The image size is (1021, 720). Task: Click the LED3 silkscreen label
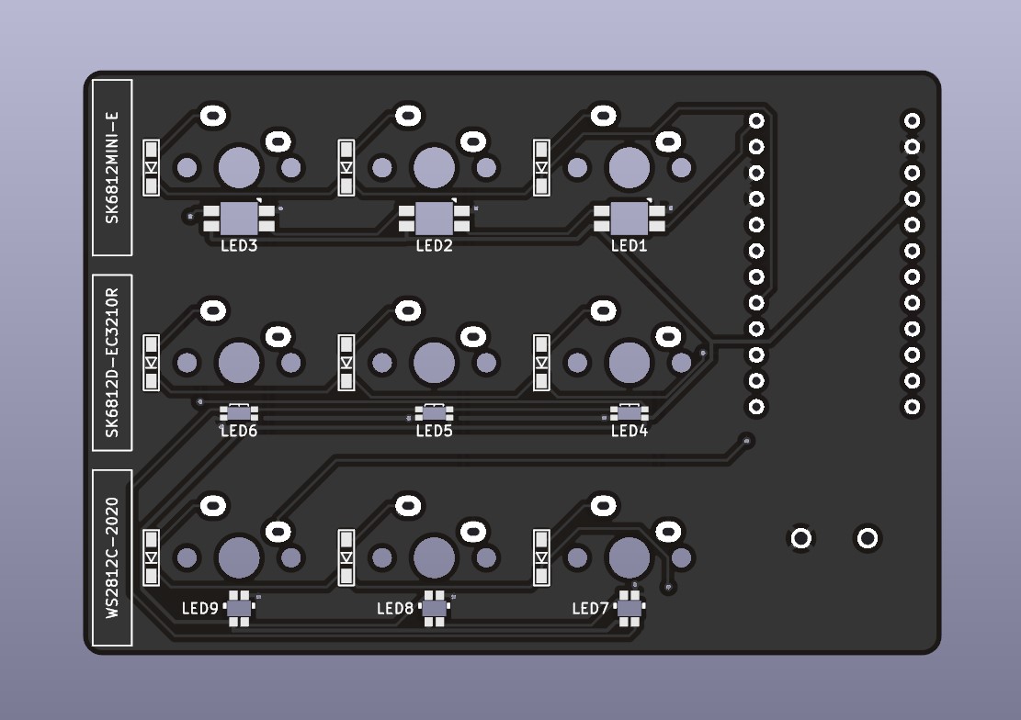[x=239, y=246]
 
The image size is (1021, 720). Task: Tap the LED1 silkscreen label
[x=630, y=246]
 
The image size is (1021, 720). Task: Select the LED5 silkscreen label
[x=434, y=431]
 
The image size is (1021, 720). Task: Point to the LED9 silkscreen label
[x=199, y=608]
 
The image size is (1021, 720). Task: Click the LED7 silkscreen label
[x=590, y=608]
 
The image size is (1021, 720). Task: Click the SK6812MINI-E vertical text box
[x=113, y=167]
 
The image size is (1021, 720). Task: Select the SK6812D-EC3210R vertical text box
[x=113, y=363]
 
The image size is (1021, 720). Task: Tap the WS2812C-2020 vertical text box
[x=113, y=557]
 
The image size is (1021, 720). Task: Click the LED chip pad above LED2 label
[x=434, y=219]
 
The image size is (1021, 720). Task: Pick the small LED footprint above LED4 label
[x=630, y=412]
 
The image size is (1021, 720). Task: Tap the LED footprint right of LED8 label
[x=434, y=608]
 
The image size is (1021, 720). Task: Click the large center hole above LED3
[x=239, y=167]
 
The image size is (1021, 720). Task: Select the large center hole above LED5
[x=434, y=362]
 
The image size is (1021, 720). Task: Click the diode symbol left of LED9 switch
[x=152, y=557]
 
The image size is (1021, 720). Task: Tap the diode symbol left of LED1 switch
[x=542, y=167]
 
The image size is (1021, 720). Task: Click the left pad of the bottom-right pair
[x=801, y=538]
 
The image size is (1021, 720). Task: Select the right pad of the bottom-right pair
[x=868, y=538]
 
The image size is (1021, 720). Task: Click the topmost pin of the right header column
[x=912, y=120]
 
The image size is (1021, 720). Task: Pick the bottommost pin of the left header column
[x=756, y=407]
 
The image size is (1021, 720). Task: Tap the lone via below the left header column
[x=746, y=442]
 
